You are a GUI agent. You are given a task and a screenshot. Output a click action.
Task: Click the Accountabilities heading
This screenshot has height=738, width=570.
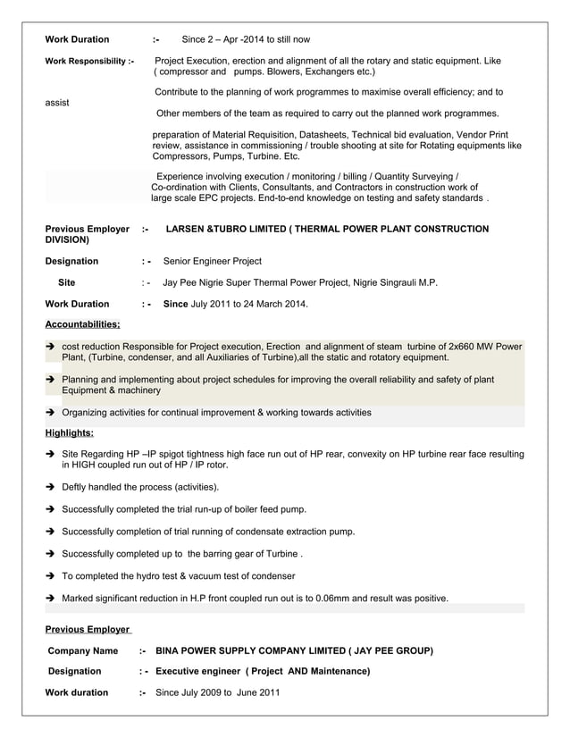82,324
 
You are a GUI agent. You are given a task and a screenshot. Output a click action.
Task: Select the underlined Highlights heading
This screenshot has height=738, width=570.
69,433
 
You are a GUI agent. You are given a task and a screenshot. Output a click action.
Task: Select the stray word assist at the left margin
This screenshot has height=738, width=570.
57,103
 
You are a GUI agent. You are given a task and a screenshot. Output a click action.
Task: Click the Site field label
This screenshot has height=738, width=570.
67,282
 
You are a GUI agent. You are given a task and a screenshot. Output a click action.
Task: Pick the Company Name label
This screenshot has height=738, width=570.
82,650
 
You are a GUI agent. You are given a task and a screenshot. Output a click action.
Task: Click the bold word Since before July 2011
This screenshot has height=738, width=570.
175,304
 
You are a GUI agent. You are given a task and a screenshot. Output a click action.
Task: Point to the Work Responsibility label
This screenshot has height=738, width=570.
89,61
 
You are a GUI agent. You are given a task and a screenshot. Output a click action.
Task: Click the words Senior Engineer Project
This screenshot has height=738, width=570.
213,261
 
